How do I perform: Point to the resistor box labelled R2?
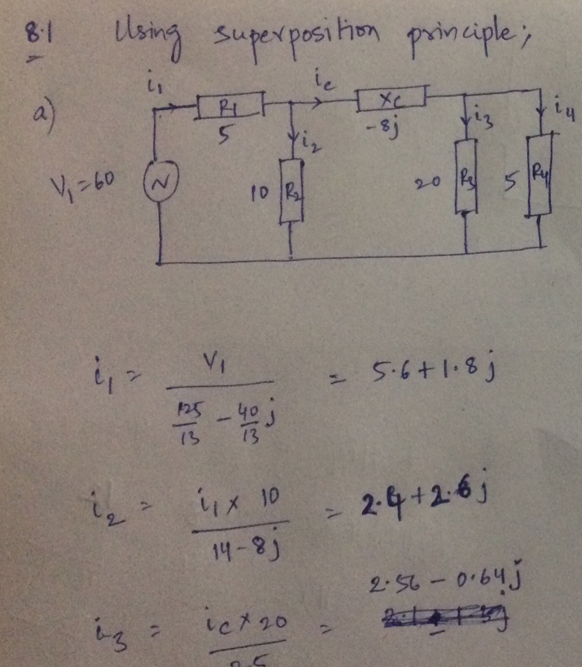(x=291, y=191)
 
